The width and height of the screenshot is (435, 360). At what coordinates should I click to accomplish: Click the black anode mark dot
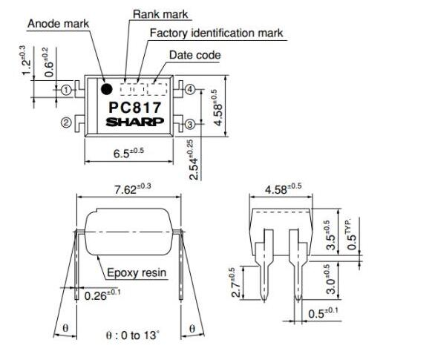pyautogui.click(x=107, y=89)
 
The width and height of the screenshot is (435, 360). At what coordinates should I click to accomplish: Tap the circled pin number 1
pyautogui.click(x=66, y=90)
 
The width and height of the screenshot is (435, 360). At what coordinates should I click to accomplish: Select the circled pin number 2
pyautogui.click(x=66, y=122)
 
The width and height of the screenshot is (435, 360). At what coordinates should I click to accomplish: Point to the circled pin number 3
pyautogui.click(x=190, y=124)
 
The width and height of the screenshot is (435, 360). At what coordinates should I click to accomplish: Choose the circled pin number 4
pyautogui.click(x=190, y=89)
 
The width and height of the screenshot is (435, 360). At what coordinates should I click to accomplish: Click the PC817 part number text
pyautogui.click(x=135, y=108)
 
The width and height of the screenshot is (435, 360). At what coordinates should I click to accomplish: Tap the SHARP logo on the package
pyautogui.click(x=135, y=122)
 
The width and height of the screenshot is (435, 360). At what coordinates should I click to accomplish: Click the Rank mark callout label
pyautogui.click(x=160, y=14)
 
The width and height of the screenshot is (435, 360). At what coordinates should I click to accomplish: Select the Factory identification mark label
pyautogui.click(x=217, y=33)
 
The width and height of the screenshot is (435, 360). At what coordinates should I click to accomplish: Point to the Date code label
pyautogui.click(x=195, y=55)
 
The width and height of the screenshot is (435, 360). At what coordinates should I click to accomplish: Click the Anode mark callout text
pyautogui.click(x=58, y=24)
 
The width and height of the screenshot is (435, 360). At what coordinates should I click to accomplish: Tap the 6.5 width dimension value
pyautogui.click(x=128, y=153)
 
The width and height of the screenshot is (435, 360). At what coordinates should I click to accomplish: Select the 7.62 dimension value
pyautogui.click(x=133, y=189)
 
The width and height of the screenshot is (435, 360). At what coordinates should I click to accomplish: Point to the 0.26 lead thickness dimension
pyautogui.click(x=102, y=295)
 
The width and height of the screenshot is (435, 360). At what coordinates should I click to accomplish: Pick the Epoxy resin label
pyautogui.click(x=137, y=272)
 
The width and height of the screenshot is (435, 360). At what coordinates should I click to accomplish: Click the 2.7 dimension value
pyautogui.click(x=235, y=282)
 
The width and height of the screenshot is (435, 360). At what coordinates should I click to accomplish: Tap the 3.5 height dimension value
pyautogui.click(x=330, y=235)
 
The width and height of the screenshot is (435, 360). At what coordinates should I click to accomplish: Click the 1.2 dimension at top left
pyautogui.click(x=25, y=60)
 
